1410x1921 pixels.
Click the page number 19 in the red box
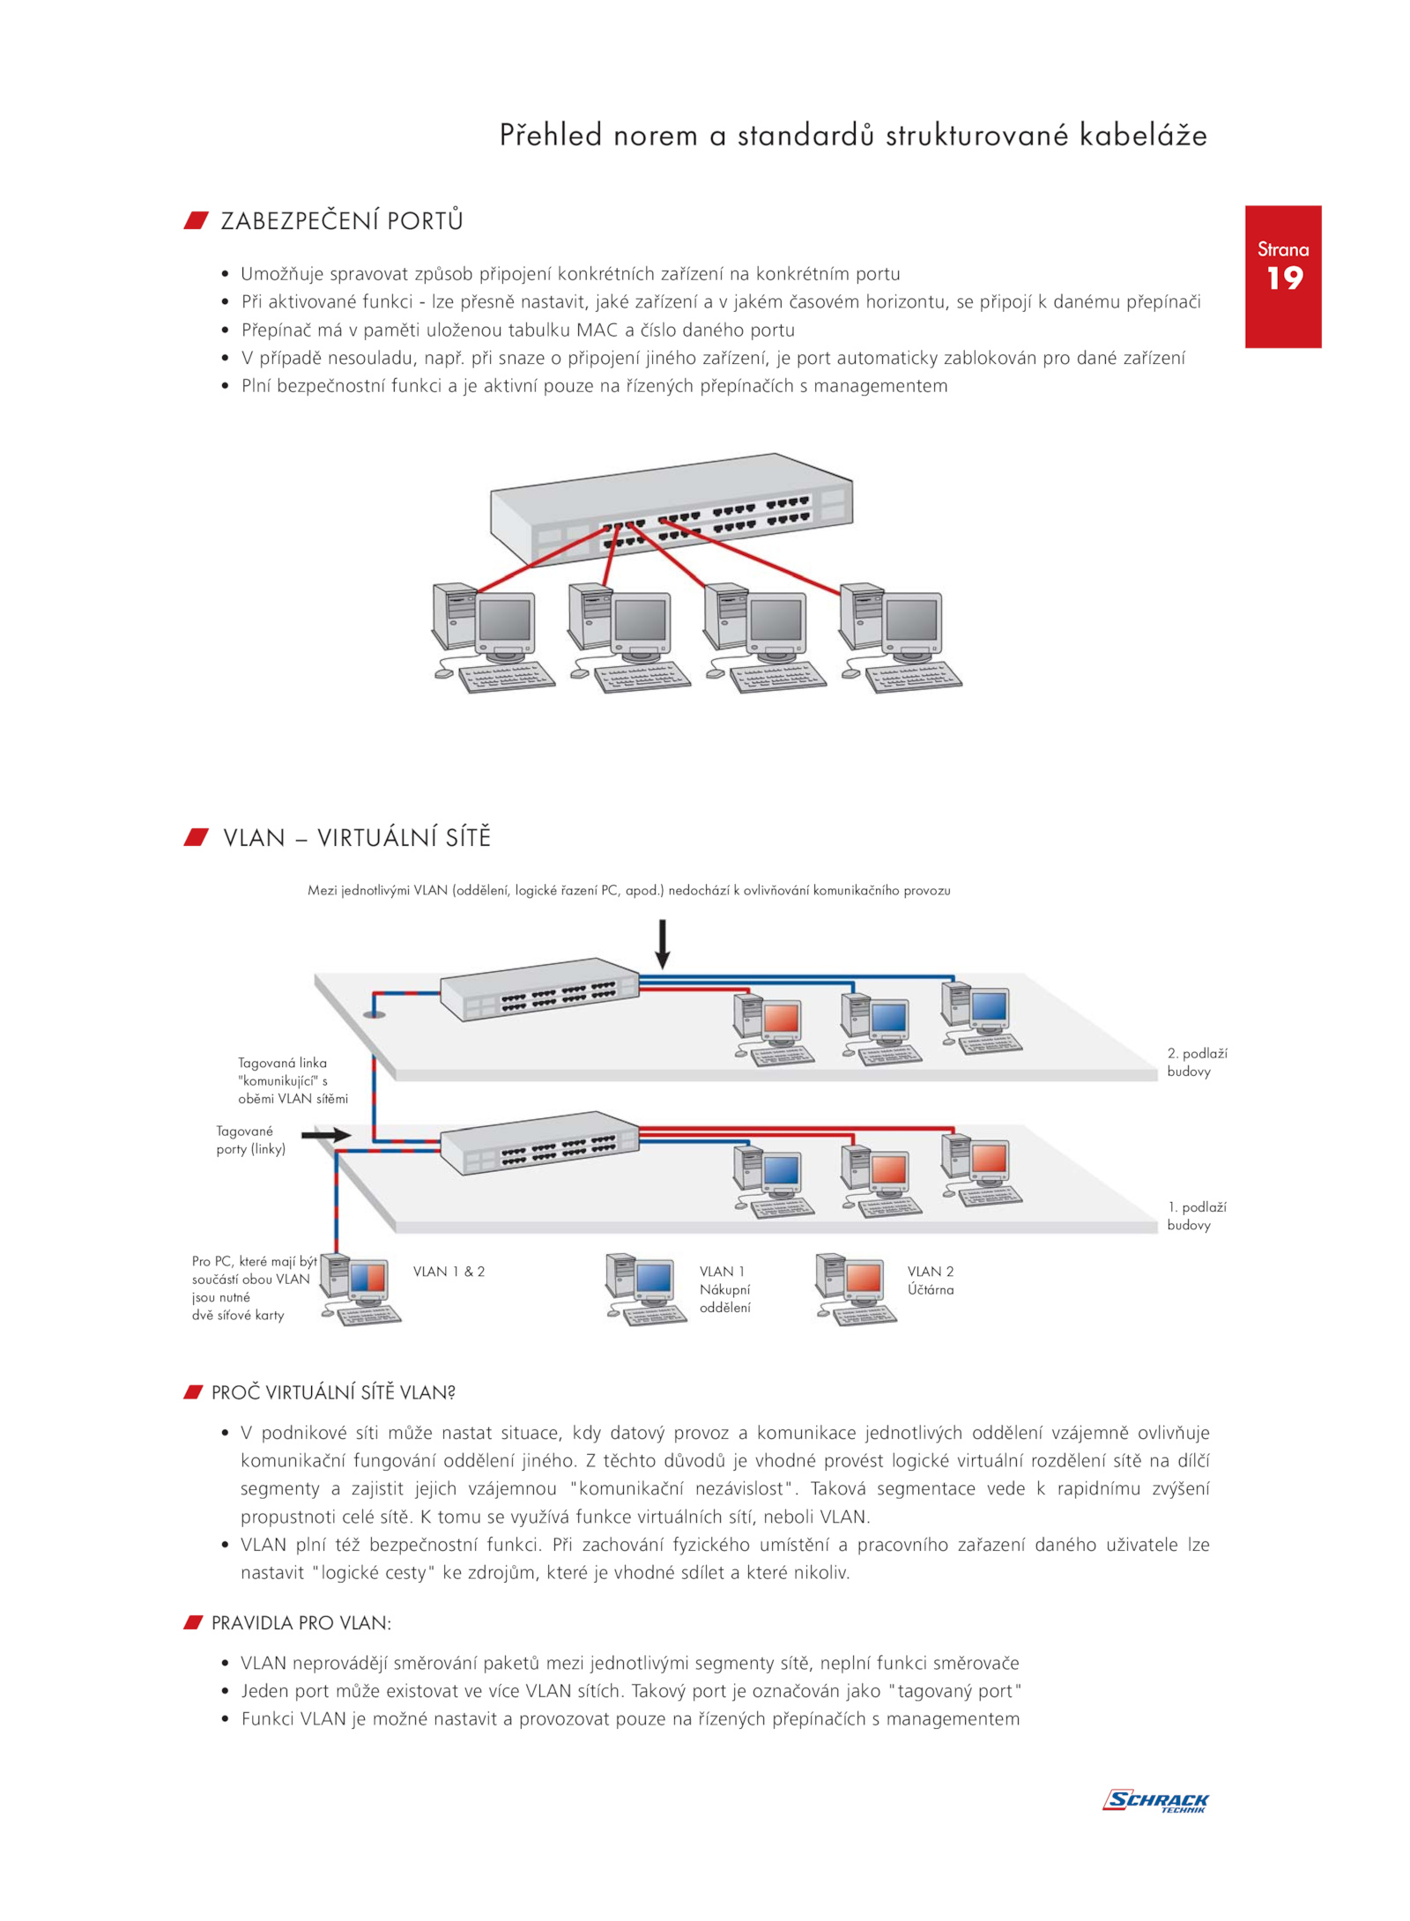pyautogui.click(x=1284, y=278)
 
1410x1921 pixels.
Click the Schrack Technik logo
pyautogui.click(x=1155, y=1800)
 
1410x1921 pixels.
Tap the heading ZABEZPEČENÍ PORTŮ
pyautogui.click(x=342, y=220)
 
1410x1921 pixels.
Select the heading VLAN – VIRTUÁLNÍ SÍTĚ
pyautogui.click(x=357, y=837)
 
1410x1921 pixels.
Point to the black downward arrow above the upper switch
pyautogui.click(x=662, y=944)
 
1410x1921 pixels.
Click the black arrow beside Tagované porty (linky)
pyautogui.click(x=326, y=1135)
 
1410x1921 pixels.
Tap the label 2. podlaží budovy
pyautogui.click(x=1197, y=1062)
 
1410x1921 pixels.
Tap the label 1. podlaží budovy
pyautogui.click(x=1197, y=1216)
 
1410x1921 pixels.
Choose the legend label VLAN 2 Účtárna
pyautogui.click(x=931, y=1280)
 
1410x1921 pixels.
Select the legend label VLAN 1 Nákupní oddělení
pyautogui.click(x=725, y=1289)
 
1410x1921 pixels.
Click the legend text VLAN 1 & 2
pyautogui.click(x=449, y=1272)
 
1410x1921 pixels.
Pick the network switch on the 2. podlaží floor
pyautogui.click(x=539, y=989)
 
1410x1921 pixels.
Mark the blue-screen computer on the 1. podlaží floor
pyautogui.click(x=773, y=1182)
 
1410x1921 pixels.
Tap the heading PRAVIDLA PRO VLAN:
pyautogui.click(x=301, y=1623)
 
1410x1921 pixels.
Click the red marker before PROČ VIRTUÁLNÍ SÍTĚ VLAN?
pyautogui.click(x=193, y=1392)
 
